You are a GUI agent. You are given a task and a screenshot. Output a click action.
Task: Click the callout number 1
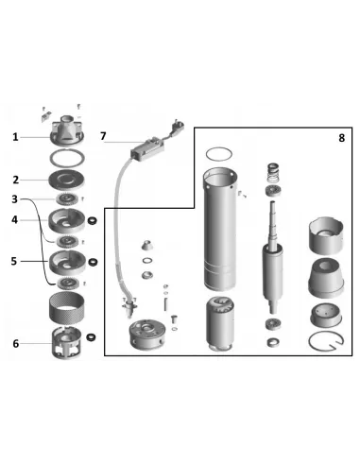point(15,137)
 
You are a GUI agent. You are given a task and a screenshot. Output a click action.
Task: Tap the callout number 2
point(16,180)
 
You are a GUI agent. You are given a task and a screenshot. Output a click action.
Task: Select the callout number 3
point(14,199)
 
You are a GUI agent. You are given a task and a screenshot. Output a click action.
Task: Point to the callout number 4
point(14,220)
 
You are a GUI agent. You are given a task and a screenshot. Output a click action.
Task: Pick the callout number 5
point(14,261)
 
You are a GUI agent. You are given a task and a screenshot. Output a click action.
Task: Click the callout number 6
point(16,344)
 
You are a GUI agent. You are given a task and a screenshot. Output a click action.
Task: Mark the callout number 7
point(103,136)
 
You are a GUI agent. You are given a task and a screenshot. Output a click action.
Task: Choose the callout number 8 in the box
point(342,138)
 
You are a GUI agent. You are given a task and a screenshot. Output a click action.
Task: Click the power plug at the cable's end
point(177,128)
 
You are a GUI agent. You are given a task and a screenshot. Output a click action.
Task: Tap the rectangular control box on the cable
point(147,149)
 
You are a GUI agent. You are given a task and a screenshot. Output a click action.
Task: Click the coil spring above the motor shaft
point(273,173)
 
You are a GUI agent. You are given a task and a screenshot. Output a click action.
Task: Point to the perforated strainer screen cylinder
point(66,308)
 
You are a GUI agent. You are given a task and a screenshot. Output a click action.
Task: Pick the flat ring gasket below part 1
point(67,159)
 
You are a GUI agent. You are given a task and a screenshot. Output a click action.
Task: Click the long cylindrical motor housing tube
point(220,230)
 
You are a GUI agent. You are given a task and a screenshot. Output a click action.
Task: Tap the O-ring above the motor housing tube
point(219,154)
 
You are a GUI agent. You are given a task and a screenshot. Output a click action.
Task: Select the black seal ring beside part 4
point(92,221)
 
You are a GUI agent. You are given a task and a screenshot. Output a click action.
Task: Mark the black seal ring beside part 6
point(92,337)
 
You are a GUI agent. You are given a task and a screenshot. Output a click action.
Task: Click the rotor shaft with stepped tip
point(273,257)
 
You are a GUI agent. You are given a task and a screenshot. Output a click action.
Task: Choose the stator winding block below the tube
point(220,323)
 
